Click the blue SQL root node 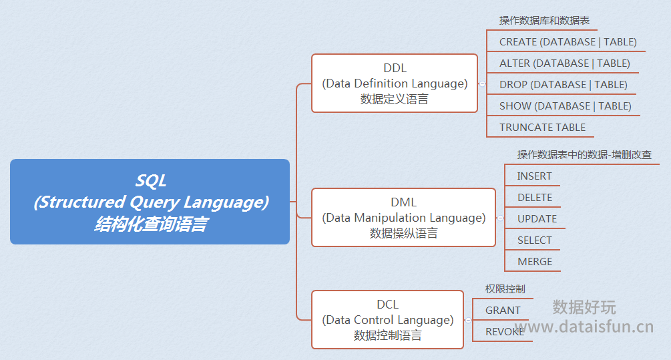[150, 202]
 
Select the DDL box [395, 83]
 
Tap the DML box [403, 218]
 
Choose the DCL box [388, 320]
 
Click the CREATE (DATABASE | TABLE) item [568, 42]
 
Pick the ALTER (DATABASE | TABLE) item [564, 63]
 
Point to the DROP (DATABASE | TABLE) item [563, 85]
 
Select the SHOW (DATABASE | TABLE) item [566, 106]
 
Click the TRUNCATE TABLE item [542, 128]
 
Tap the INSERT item [535, 176]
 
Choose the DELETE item [535, 198]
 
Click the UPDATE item [537, 219]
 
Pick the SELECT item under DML [535, 240]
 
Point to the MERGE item [535, 262]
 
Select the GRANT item [503, 311]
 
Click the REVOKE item [505, 332]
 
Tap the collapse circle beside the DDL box [482, 84]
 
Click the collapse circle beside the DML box [500, 218]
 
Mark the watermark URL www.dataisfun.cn [584, 327]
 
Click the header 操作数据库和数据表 [544, 21]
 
